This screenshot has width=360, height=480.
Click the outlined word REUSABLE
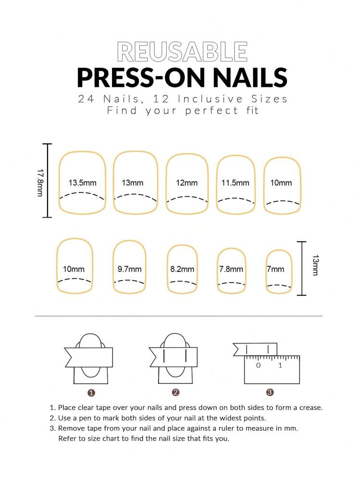pos(182,52)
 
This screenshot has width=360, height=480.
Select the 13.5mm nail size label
pos(82,183)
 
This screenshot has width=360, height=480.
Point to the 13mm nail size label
pos(132,183)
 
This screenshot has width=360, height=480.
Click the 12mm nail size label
pos(186,183)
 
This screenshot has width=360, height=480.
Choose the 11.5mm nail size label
pos(235,183)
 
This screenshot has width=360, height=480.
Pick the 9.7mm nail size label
pos(129,270)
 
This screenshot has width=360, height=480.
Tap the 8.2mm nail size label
pos(182,270)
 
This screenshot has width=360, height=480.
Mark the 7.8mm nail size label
pos(231,270)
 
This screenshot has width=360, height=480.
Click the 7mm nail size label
pos(276,270)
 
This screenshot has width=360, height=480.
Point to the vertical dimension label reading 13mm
pos(315,265)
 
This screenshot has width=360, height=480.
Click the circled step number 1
pos(91,393)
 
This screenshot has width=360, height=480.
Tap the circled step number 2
pos(175,393)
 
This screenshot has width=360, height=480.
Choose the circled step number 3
pos(270,393)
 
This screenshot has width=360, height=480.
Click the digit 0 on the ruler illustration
pos(258,366)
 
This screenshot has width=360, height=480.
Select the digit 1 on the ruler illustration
pos(280,366)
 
